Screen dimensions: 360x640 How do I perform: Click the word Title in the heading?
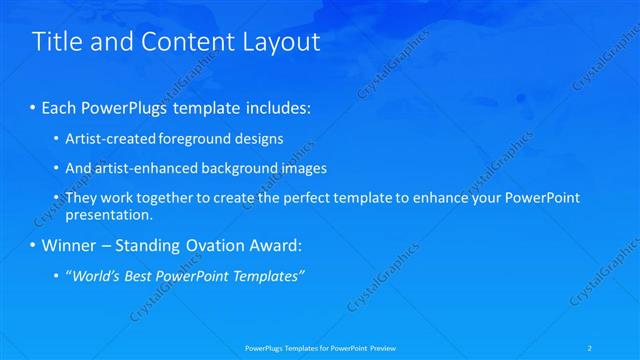click(55, 42)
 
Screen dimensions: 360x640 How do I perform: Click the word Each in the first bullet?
click(59, 107)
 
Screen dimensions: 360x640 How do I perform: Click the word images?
click(302, 168)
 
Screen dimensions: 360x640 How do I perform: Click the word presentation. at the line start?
click(108, 214)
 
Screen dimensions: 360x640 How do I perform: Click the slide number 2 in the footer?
click(619, 347)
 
